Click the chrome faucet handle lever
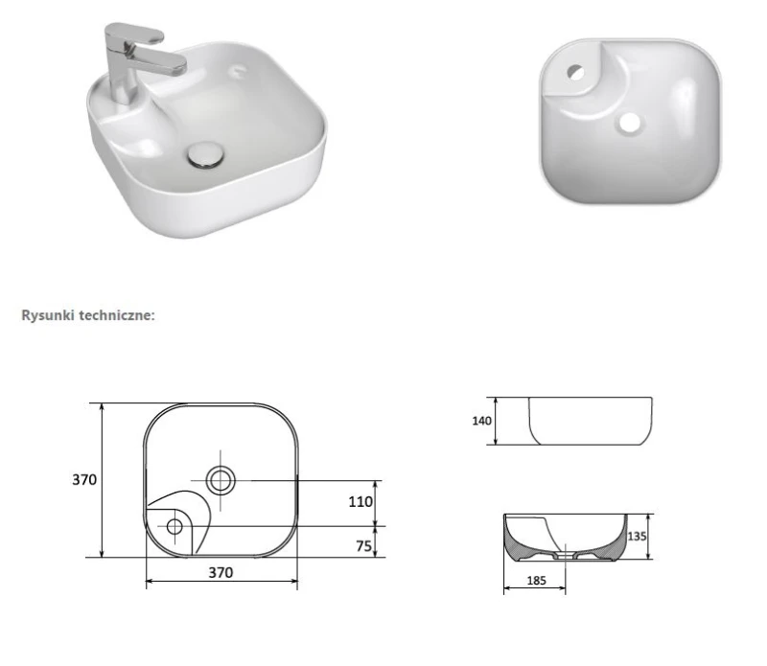[134, 33]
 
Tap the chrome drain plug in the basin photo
[206, 154]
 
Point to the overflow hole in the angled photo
[239, 70]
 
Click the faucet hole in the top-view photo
[576, 73]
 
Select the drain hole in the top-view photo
[629, 123]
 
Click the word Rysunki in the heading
[48, 315]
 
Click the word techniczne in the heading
[115, 315]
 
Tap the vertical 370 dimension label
[84, 480]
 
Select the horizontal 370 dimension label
[221, 573]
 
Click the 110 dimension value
[360, 502]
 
